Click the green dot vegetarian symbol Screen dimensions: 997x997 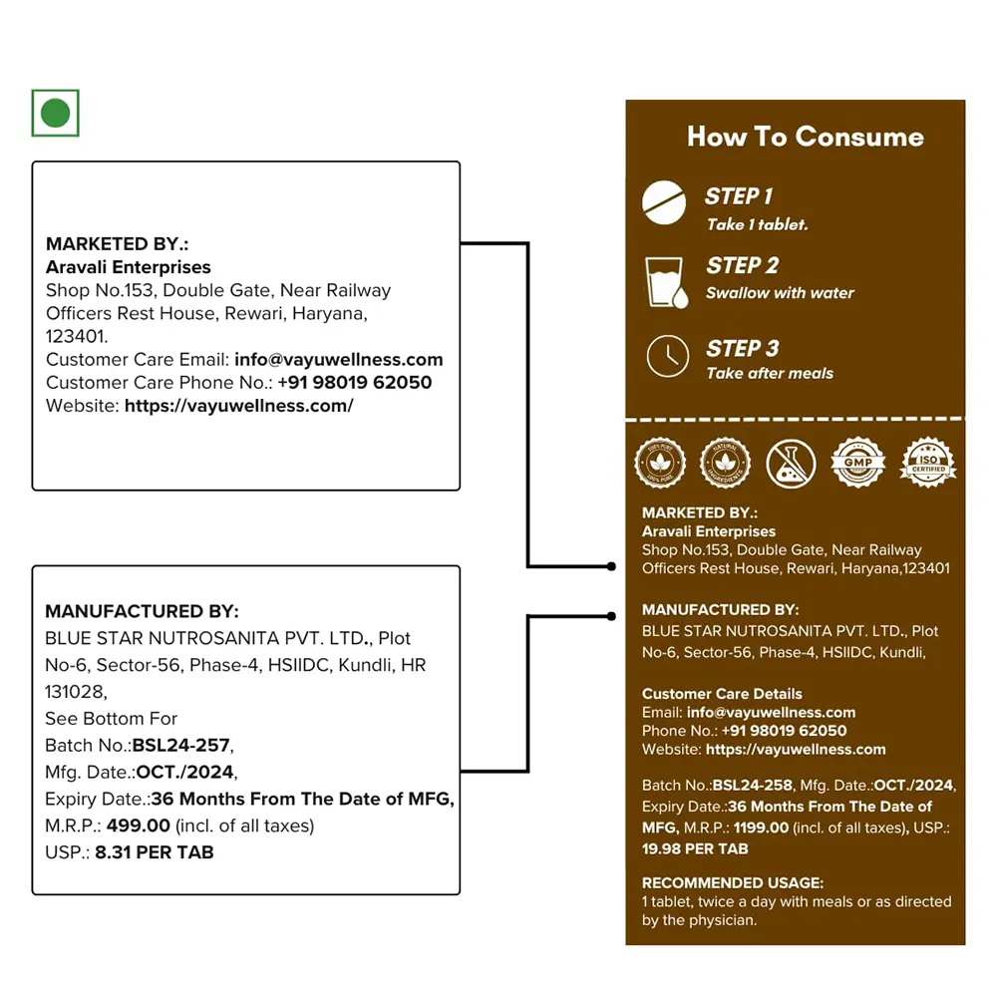55,113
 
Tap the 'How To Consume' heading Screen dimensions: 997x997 805,137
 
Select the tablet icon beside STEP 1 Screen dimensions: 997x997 665,204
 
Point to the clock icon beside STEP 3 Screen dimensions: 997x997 667,357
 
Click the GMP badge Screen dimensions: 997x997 857,462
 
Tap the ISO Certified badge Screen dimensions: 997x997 927,462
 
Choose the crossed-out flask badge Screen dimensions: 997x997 791,464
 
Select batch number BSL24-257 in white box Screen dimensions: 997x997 181,745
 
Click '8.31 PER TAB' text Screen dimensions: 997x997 155,852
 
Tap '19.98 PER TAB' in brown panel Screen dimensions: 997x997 695,849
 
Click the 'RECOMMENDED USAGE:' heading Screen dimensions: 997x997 732,882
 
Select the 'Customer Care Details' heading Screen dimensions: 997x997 722,694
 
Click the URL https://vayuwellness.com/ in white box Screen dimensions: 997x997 238,406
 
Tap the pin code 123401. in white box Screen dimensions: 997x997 77,337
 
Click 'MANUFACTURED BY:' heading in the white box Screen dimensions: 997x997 142,611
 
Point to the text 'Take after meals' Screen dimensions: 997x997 770,374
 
